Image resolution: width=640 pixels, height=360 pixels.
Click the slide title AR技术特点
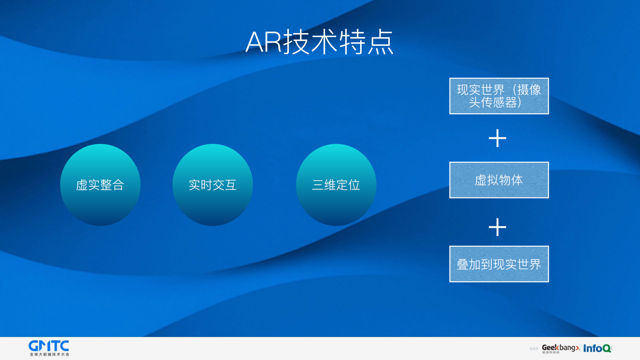tap(319, 42)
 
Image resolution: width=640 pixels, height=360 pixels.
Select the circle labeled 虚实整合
tap(100, 185)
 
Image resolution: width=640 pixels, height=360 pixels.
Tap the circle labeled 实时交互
tap(213, 185)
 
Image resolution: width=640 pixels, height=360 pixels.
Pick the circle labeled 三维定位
tap(336, 185)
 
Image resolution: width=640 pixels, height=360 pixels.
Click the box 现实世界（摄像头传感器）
tap(499, 96)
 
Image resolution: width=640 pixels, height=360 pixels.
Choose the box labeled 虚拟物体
tap(499, 180)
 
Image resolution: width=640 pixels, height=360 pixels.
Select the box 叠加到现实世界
tap(499, 264)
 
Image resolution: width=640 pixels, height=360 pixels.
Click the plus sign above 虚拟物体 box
tap(497, 138)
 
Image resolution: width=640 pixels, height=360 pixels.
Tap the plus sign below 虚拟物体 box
tap(497, 227)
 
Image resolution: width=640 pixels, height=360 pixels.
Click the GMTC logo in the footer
tap(49, 346)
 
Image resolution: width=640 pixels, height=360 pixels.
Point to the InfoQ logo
tap(597, 348)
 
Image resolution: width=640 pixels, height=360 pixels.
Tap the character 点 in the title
tap(380, 42)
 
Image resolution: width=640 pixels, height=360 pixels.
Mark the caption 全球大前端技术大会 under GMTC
tap(49, 354)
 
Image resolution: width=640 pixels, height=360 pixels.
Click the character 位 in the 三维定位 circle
tap(354, 185)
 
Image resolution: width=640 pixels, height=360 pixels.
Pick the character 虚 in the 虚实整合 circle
tap(82, 185)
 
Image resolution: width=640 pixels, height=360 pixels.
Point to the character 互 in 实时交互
tap(231, 185)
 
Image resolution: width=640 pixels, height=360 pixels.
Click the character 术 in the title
tap(324, 42)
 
